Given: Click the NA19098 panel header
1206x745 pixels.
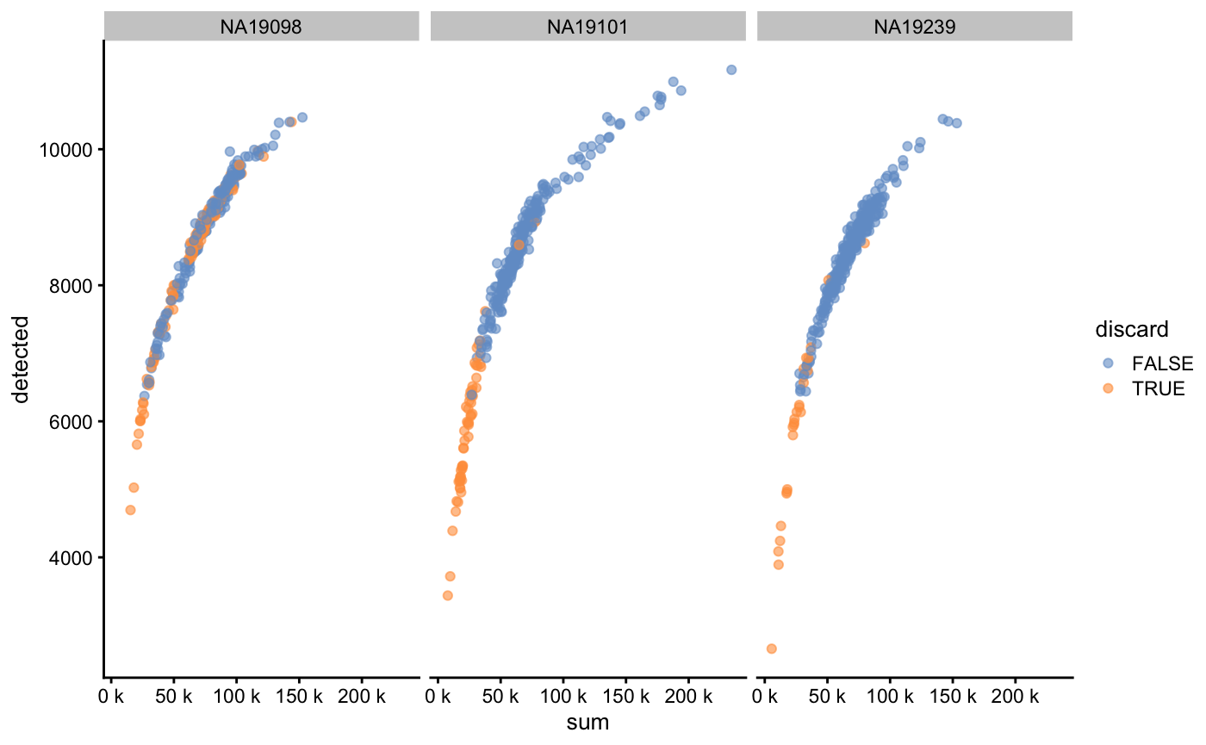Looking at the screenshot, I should [x=261, y=26].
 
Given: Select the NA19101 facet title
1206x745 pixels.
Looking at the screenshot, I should [x=587, y=26].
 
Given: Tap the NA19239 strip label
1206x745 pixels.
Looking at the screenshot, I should [x=914, y=26].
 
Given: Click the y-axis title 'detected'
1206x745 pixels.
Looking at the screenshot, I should [x=19, y=359].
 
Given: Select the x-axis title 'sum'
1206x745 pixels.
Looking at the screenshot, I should [x=587, y=723].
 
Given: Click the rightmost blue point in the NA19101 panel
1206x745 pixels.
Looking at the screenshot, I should [x=731, y=70].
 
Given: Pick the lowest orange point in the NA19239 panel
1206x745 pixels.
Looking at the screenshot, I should [x=771, y=649].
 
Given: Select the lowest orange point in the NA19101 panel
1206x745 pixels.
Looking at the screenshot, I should [x=447, y=595].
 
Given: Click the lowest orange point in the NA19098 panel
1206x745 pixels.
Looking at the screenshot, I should [x=130, y=510].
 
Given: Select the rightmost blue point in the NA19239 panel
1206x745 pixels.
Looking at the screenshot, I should [x=956, y=123].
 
